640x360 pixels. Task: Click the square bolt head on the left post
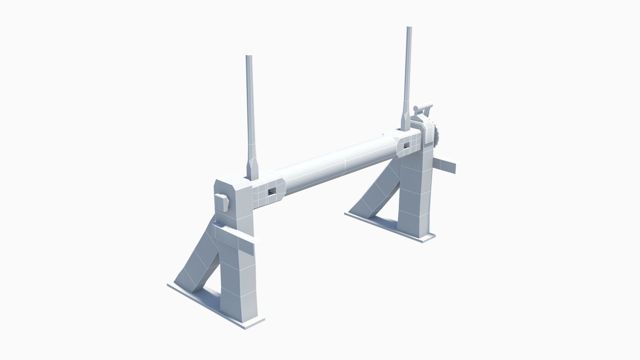[221, 203]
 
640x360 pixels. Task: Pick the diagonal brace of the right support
[377, 193]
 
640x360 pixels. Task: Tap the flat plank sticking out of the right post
[446, 166]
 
